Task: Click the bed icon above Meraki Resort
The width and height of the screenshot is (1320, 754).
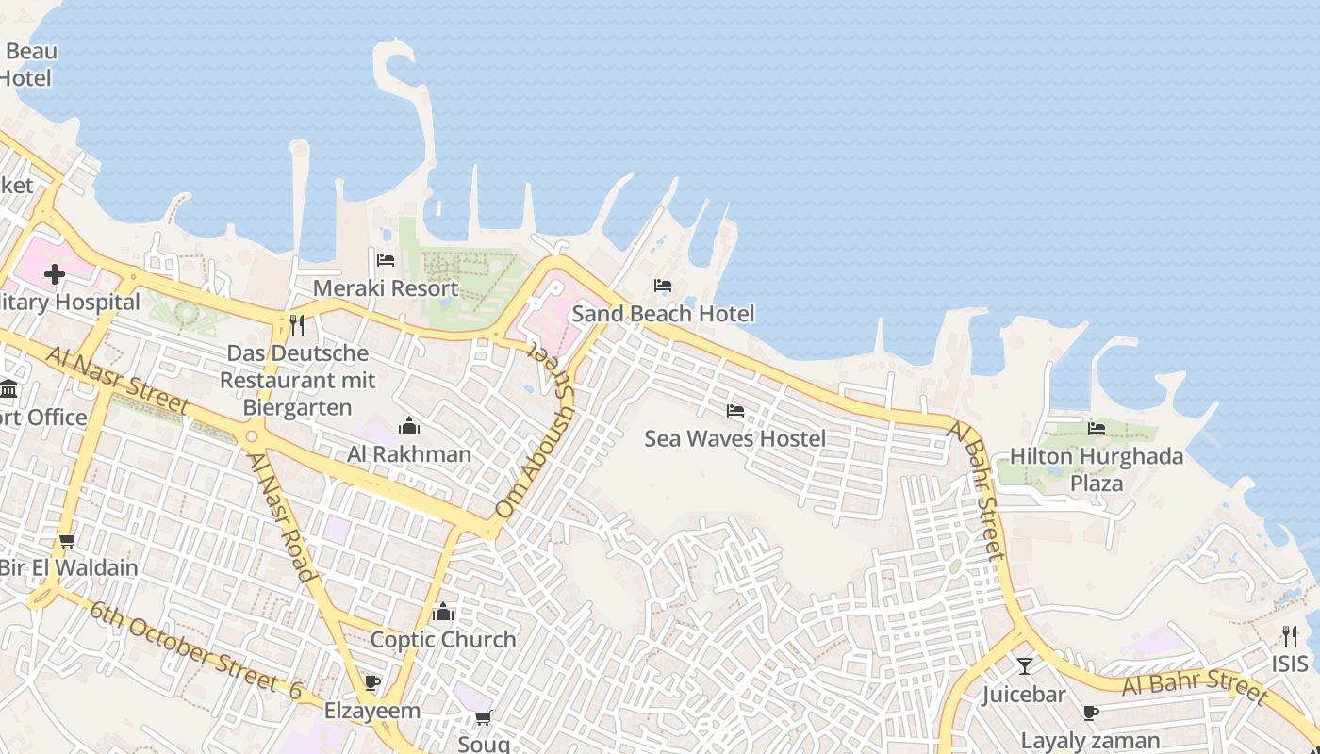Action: pyautogui.click(x=385, y=260)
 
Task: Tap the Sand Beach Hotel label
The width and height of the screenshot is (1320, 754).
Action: pyautogui.click(x=663, y=313)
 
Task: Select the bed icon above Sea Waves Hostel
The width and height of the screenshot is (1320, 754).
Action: pyautogui.click(x=735, y=411)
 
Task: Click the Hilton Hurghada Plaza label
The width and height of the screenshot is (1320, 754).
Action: pyautogui.click(x=1097, y=469)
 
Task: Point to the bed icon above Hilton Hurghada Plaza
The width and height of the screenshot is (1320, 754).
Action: pyautogui.click(x=1097, y=429)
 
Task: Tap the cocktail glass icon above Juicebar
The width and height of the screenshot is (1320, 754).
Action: pyautogui.click(x=1025, y=666)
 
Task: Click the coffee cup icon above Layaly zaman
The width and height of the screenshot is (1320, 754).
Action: pyautogui.click(x=1091, y=713)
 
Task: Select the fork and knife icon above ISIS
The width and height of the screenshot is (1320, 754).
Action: pyautogui.click(x=1290, y=635)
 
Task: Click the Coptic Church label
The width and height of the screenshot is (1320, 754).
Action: pyautogui.click(x=443, y=639)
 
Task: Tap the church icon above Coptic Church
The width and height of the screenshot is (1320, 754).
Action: pyautogui.click(x=443, y=613)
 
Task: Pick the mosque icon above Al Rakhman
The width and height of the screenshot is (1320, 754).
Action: pyautogui.click(x=408, y=426)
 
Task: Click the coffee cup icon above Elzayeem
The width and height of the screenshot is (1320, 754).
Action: pyautogui.click(x=372, y=682)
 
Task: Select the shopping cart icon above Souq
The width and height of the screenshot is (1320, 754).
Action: pyautogui.click(x=484, y=718)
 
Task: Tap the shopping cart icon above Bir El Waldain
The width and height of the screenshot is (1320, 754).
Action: pyautogui.click(x=67, y=541)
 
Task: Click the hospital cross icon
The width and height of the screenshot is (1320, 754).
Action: pyautogui.click(x=55, y=274)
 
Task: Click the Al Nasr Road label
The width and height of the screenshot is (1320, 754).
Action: pyautogui.click(x=280, y=516)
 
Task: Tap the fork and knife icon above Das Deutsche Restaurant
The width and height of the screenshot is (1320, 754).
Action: pyautogui.click(x=297, y=325)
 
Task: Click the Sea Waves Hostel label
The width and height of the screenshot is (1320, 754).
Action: pyautogui.click(x=734, y=438)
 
